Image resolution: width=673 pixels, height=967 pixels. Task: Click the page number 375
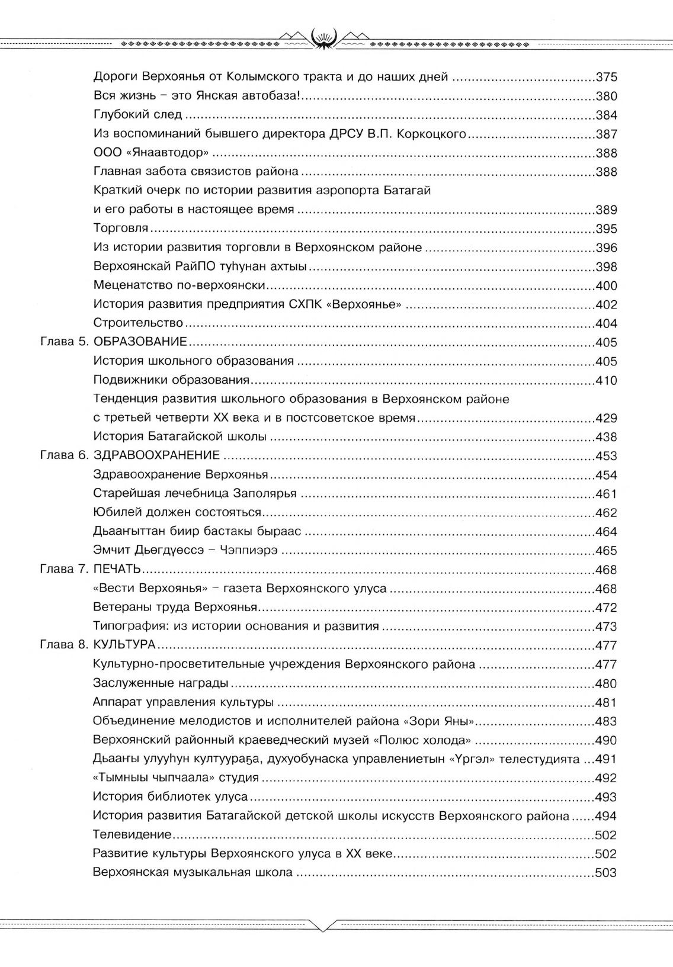point(606,78)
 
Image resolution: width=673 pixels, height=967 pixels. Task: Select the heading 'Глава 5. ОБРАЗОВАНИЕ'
point(113,343)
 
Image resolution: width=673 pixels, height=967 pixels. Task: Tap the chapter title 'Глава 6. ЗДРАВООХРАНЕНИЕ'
point(130,457)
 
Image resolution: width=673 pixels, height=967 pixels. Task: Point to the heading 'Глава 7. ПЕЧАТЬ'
point(90,570)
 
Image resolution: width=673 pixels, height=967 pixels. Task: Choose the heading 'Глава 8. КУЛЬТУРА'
point(97,646)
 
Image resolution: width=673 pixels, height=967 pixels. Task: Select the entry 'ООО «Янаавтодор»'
point(151,153)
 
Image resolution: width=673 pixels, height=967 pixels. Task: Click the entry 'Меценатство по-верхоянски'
point(178,286)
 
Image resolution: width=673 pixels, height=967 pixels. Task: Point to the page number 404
point(606,324)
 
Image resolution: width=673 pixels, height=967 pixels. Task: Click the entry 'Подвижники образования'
point(171,381)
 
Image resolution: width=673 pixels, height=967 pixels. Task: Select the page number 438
point(606,438)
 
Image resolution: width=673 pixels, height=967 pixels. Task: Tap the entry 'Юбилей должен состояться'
point(177,513)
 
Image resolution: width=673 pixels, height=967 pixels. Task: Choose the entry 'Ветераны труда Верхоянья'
point(175,608)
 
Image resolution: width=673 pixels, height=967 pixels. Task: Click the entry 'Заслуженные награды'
point(161,684)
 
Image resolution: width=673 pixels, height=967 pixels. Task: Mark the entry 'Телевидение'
point(132,836)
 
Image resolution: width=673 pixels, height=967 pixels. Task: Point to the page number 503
point(606,873)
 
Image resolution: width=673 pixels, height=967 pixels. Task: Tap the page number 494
point(606,817)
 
